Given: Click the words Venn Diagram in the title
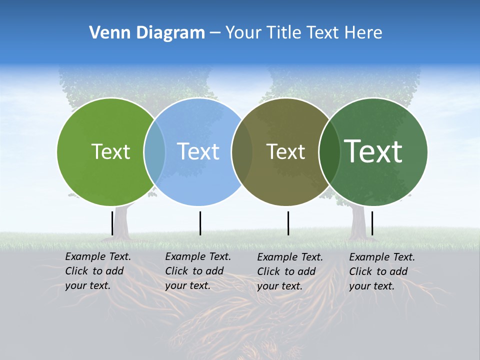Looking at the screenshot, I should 147,33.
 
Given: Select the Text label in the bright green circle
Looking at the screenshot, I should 110,151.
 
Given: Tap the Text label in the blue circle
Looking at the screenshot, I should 198,151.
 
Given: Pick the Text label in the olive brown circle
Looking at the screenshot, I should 285,151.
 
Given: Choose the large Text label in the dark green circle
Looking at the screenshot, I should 373,151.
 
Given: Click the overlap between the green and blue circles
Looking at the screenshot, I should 154,151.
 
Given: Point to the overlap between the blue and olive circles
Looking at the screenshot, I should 242,151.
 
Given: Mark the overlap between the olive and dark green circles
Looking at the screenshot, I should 329,151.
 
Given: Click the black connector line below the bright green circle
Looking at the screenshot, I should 112,223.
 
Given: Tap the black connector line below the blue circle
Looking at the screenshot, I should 200,223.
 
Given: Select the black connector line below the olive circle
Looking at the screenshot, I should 288,223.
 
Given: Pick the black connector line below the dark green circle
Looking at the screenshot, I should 372,223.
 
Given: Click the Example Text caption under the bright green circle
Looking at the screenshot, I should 98,271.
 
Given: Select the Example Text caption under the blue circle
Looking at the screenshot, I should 198,271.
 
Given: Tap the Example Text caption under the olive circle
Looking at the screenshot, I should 290,271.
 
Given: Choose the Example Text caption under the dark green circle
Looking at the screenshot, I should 382,271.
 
